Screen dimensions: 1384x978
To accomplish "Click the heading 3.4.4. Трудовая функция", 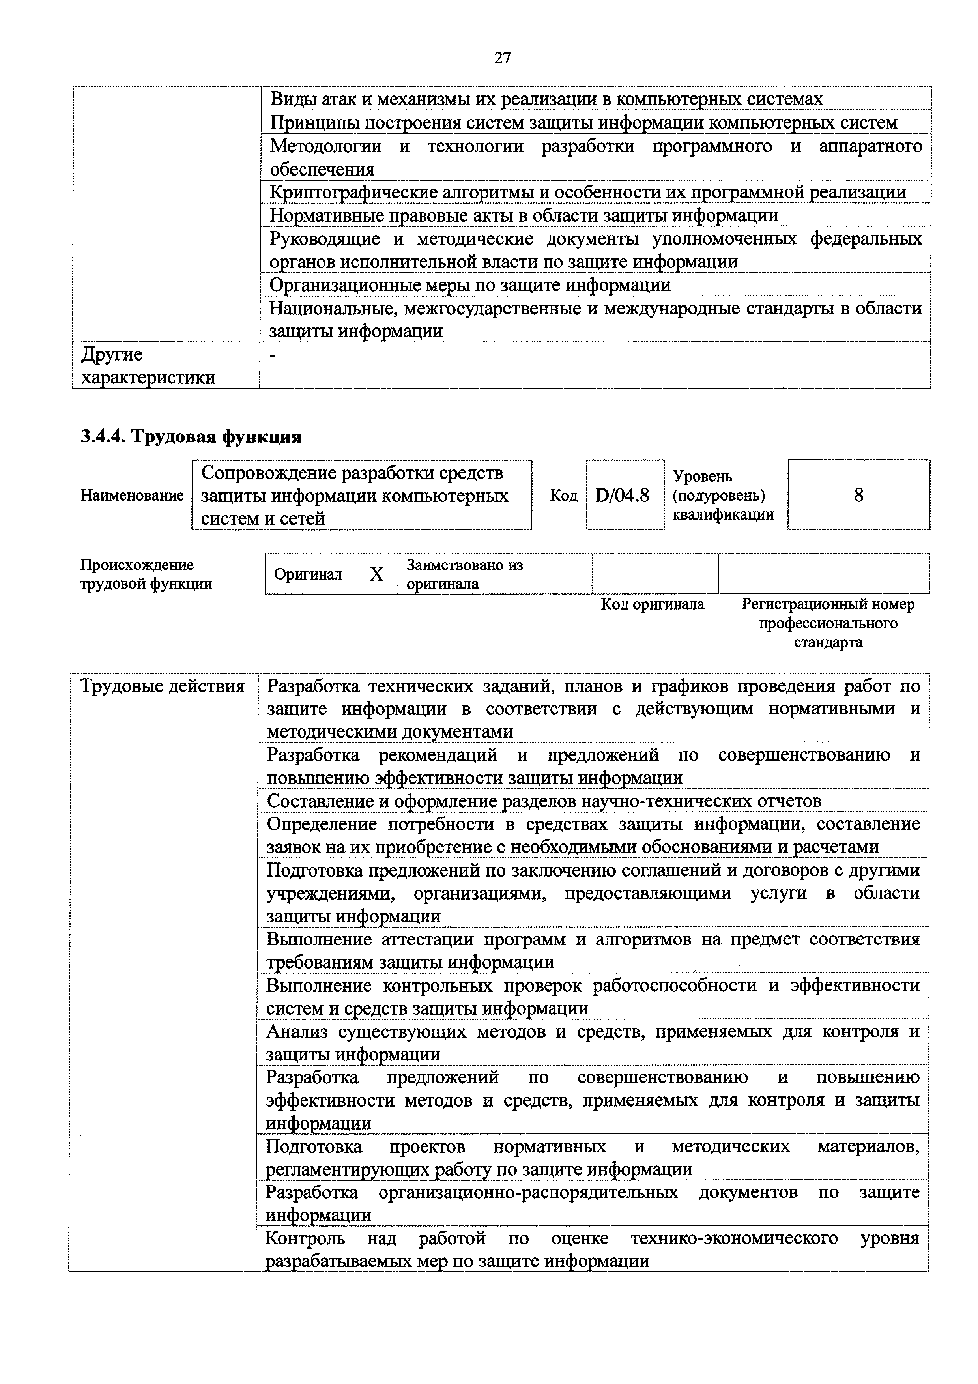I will (191, 436).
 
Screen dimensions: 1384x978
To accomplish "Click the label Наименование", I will (132, 496).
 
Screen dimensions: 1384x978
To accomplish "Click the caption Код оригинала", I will (652, 604).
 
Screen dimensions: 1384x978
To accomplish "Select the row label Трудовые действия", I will (163, 686).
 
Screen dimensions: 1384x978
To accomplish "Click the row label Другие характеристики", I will (148, 366).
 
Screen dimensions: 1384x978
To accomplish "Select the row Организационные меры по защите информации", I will (470, 284).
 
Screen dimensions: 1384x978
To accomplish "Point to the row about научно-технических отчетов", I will (544, 801).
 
